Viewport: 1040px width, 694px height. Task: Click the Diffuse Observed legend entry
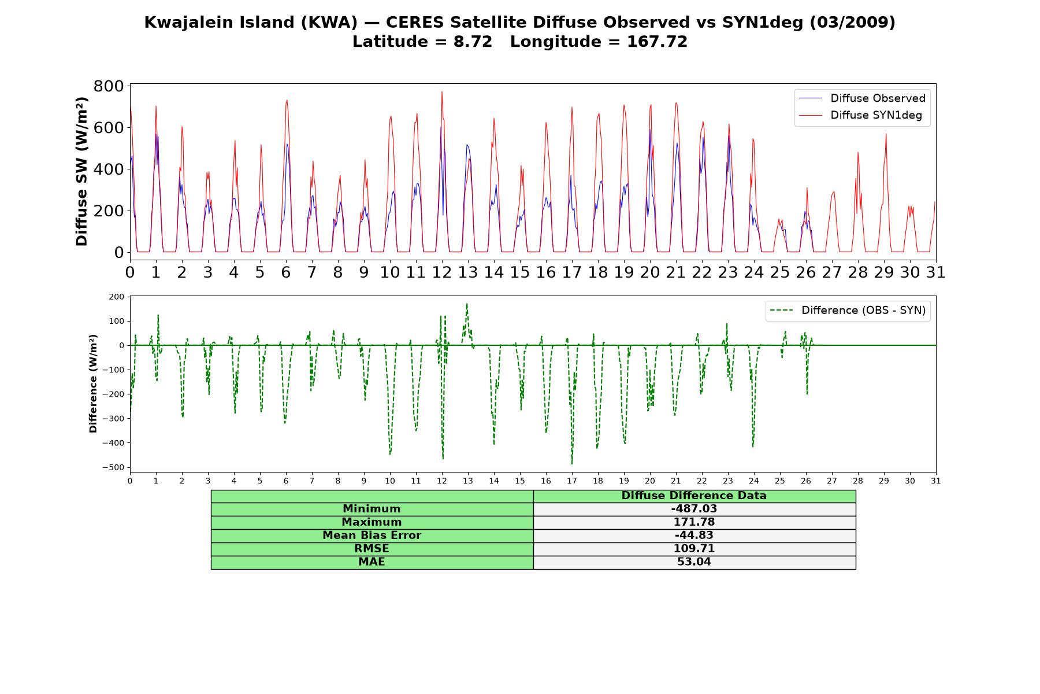click(x=862, y=98)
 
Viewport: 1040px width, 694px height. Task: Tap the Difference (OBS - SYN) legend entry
click(x=848, y=311)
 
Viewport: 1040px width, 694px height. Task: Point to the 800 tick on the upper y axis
click(x=109, y=86)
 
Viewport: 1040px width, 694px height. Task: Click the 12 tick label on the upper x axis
click(x=442, y=272)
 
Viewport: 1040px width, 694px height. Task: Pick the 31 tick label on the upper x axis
click(x=936, y=272)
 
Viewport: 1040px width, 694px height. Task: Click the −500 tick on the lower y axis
click(x=113, y=467)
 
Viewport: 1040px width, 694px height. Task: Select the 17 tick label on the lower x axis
click(x=572, y=481)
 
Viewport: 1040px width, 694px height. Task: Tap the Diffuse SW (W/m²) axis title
click(x=81, y=171)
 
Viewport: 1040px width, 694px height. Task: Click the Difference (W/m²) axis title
click(x=93, y=383)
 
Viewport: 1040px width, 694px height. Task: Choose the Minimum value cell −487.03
click(x=694, y=509)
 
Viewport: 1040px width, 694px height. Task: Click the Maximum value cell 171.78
click(x=694, y=522)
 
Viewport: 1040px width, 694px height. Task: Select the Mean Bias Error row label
click(x=372, y=536)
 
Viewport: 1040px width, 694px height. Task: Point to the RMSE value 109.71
click(x=694, y=549)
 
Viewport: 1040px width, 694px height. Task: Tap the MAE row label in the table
click(x=372, y=562)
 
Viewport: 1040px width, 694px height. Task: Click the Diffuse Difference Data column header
click(x=694, y=496)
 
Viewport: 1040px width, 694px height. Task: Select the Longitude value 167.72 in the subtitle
click(x=657, y=42)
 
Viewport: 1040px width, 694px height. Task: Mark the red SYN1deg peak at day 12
click(x=442, y=91)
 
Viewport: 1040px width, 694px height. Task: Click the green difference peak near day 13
click(x=467, y=304)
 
